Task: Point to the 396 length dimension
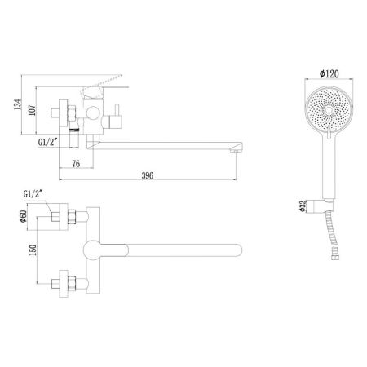[x=147, y=176]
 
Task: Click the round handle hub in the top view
[x=95, y=250]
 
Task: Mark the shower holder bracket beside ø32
[x=327, y=199]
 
